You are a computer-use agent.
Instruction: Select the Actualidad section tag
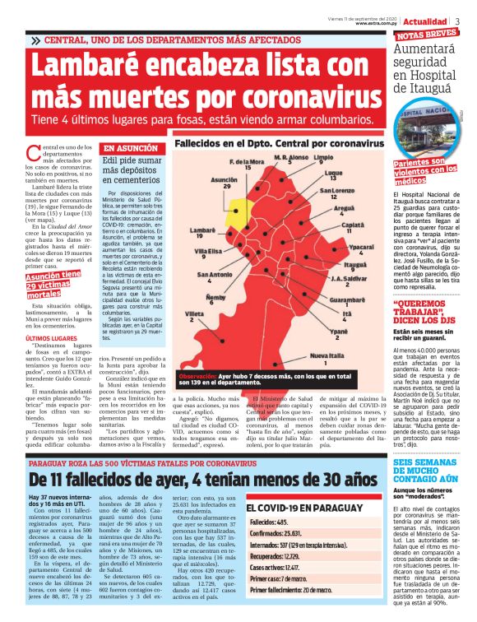(x=425, y=21)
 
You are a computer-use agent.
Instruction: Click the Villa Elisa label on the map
(x=206, y=250)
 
